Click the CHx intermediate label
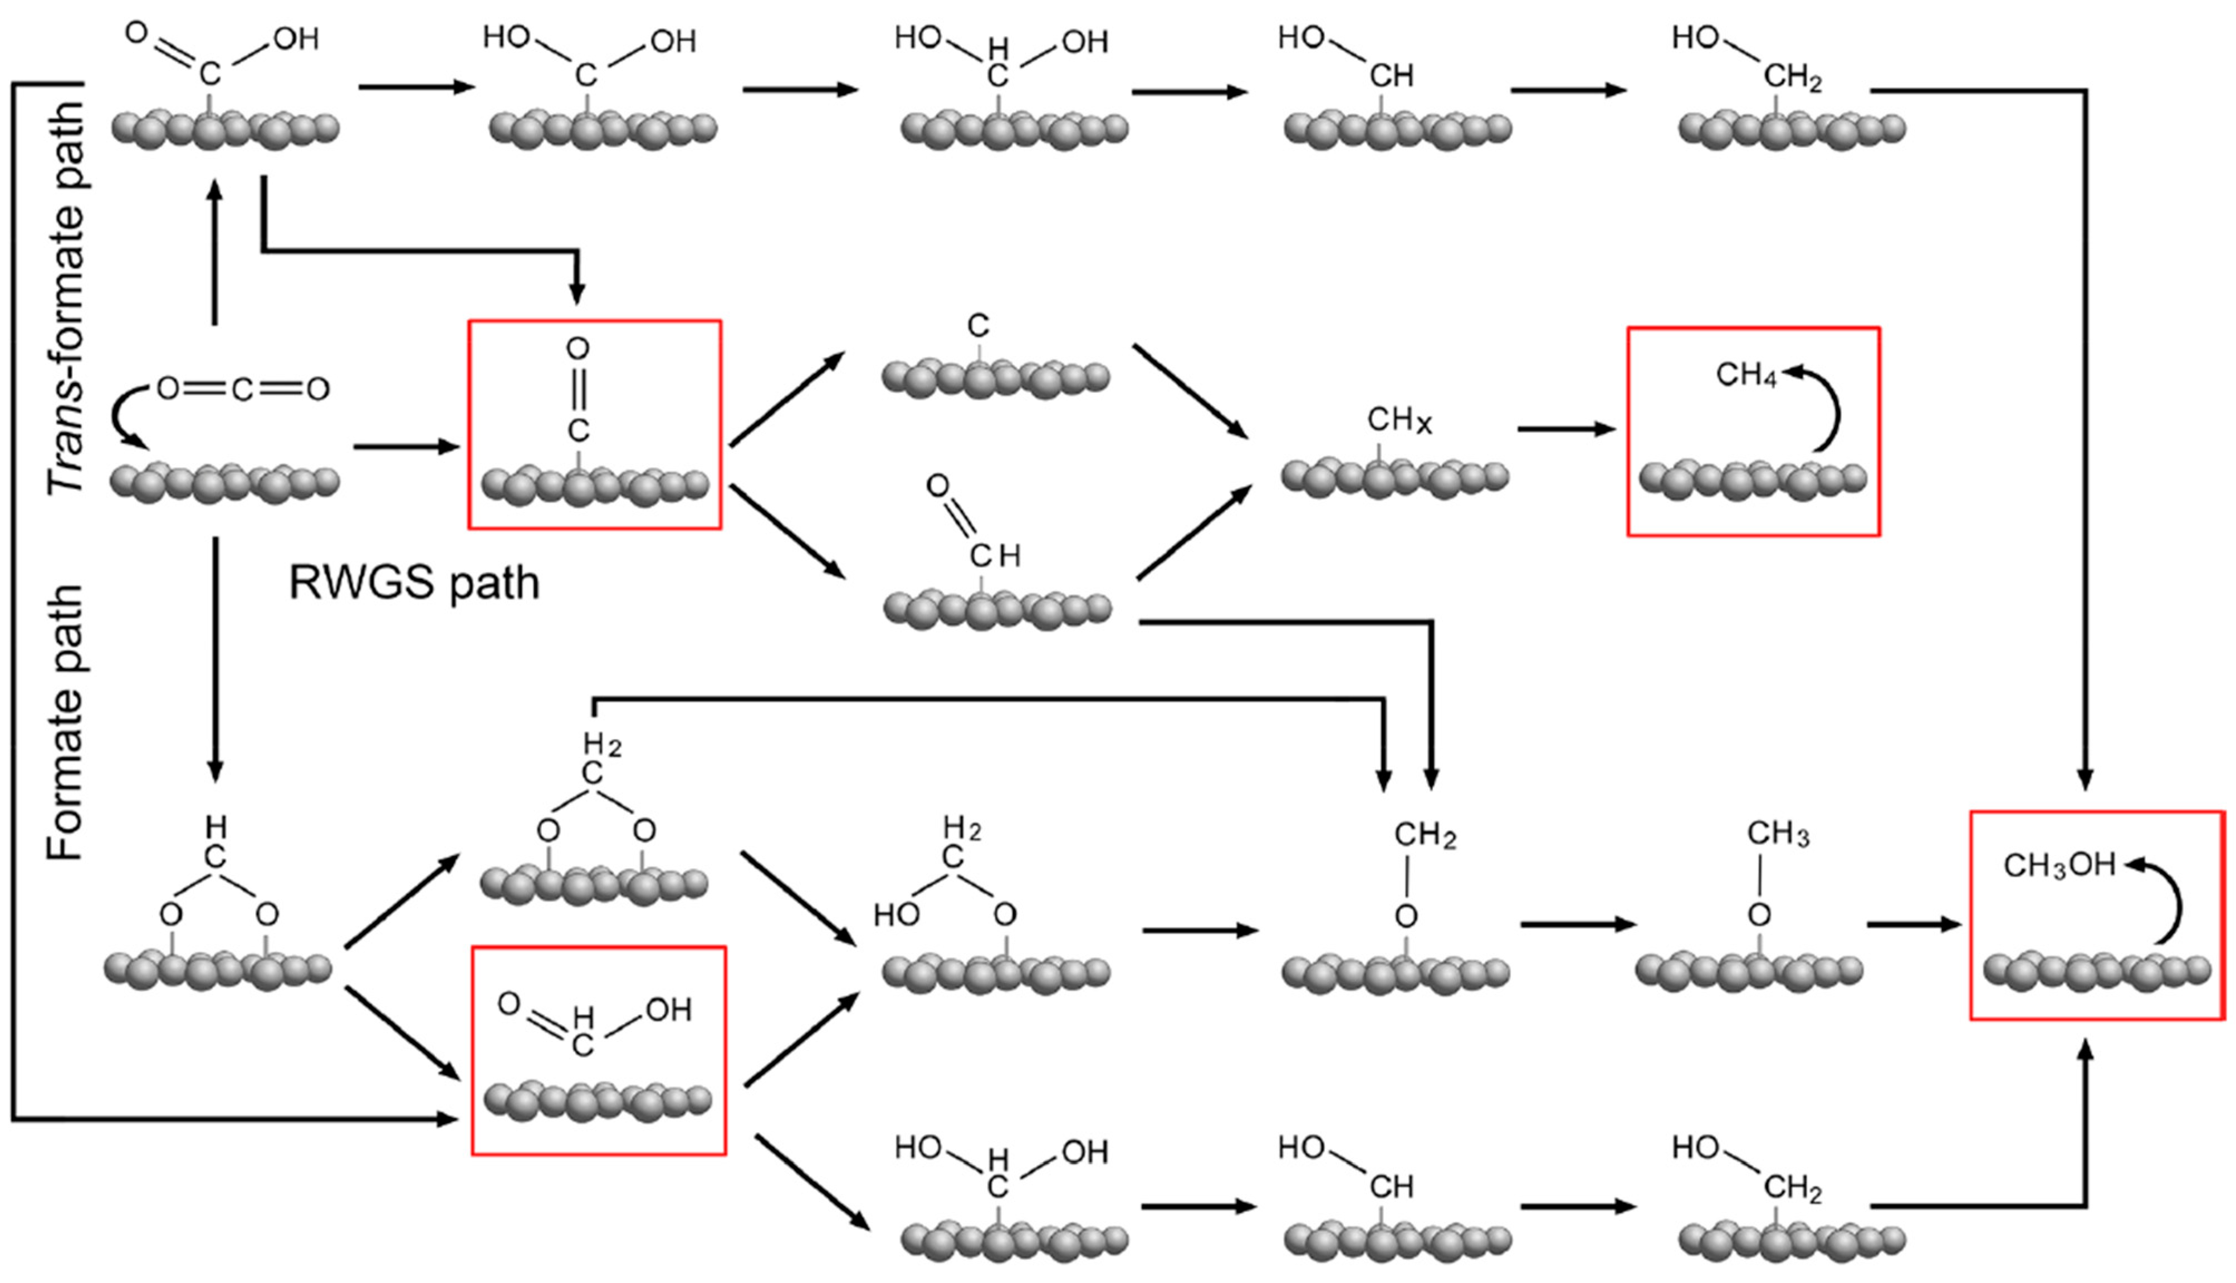pyautogui.click(x=1398, y=420)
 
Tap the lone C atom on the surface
pyautogui.click(x=978, y=326)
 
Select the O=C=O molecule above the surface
pyautogui.click(x=242, y=389)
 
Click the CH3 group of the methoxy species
pyautogui.click(x=1777, y=833)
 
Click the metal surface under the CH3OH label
pyautogui.click(x=2097, y=969)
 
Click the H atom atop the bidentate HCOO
pyautogui.click(x=216, y=826)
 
